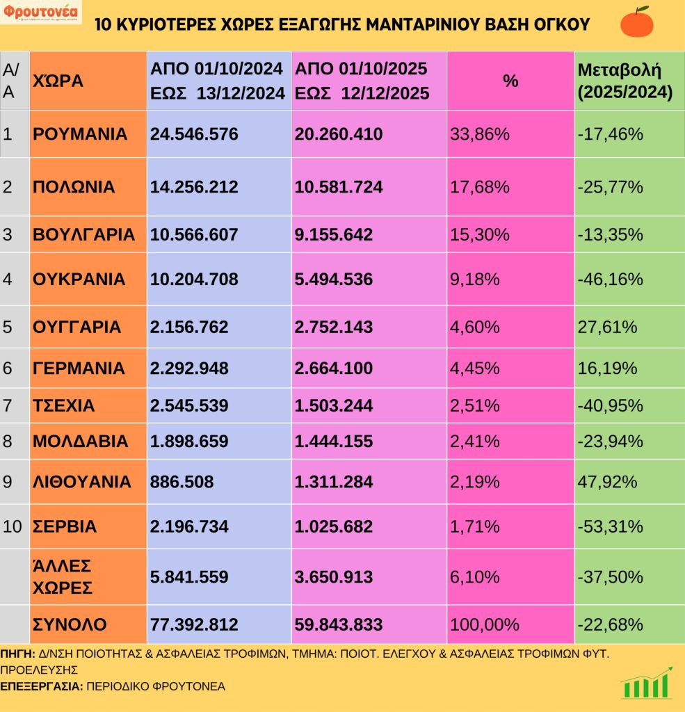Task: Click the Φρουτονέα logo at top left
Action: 40,13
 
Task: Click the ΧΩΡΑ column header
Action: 58,81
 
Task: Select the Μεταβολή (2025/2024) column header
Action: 624,81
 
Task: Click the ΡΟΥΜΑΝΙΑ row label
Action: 80,133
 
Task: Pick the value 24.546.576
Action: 194,133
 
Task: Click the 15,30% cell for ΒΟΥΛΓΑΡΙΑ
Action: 480,234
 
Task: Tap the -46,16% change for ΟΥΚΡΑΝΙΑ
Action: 610,280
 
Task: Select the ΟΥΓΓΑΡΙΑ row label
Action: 76,327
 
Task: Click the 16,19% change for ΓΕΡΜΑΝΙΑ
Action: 607,369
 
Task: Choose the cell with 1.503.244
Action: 334,405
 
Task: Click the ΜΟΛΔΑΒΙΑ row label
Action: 80,442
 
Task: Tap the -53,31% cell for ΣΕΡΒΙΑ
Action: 610,526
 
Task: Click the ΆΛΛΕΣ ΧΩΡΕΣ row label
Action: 63,576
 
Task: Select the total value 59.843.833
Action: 339,624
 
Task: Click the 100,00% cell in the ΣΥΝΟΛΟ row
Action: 485,624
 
